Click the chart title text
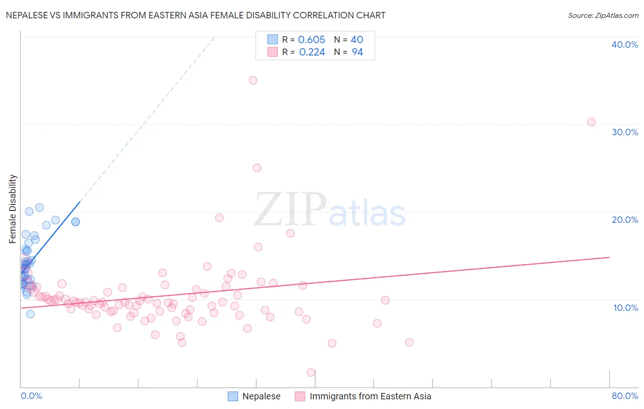pyautogui.click(x=196, y=15)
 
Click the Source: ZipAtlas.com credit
pyautogui.click(x=603, y=15)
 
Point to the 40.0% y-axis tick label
pyautogui.click(x=625, y=44)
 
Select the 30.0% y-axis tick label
pyautogui.click(x=625, y=132)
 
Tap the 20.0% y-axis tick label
pyautogui.click(x=625, y=220)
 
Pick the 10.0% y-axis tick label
pyautogui.click(x=626, y=308)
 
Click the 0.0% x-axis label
pyautogui.click(x=31, y=396)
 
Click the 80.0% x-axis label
pyautogui.click(x=625, y=396)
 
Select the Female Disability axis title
pyautogui.click(x=13, y=209)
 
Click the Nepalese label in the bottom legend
pyautogui.click(x=261, y=396)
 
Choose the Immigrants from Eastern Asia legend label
pyautogui.click(x=370, y=396)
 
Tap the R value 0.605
pyautogui.click(x=311, y=40)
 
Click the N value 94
pyautogui.click(x=357, y=52)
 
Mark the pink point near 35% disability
pyautogui.click(x=253, y=80)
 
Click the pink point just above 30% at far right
pyautogui.click(x=591, y=122)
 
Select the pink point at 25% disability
pyautogui.click(x=257, y=168)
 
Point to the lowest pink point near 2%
pyautogui.click(x=311, y=372)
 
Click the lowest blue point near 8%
pyautogui.click(x=30, y=314)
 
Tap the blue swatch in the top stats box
pyautogui.click(x=273, y=39)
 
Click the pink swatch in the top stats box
pyautogui.click(x=273, y=52)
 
